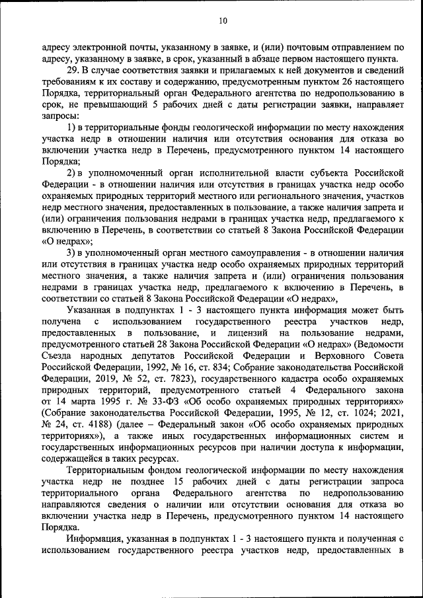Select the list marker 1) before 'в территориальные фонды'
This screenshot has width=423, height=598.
pos(73,127)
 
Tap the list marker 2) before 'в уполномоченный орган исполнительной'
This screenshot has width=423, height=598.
pos(73,172)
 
